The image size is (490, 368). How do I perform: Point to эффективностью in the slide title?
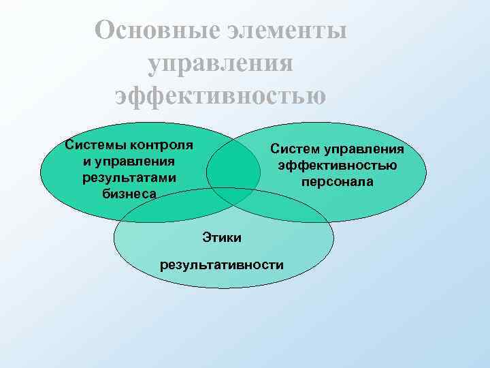click(220, 95)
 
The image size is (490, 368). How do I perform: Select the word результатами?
click(128, 177)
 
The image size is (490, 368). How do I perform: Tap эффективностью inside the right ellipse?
click(336, 166)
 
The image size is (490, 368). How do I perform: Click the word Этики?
click(221, 237)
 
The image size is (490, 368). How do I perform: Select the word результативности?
click(221, 264)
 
